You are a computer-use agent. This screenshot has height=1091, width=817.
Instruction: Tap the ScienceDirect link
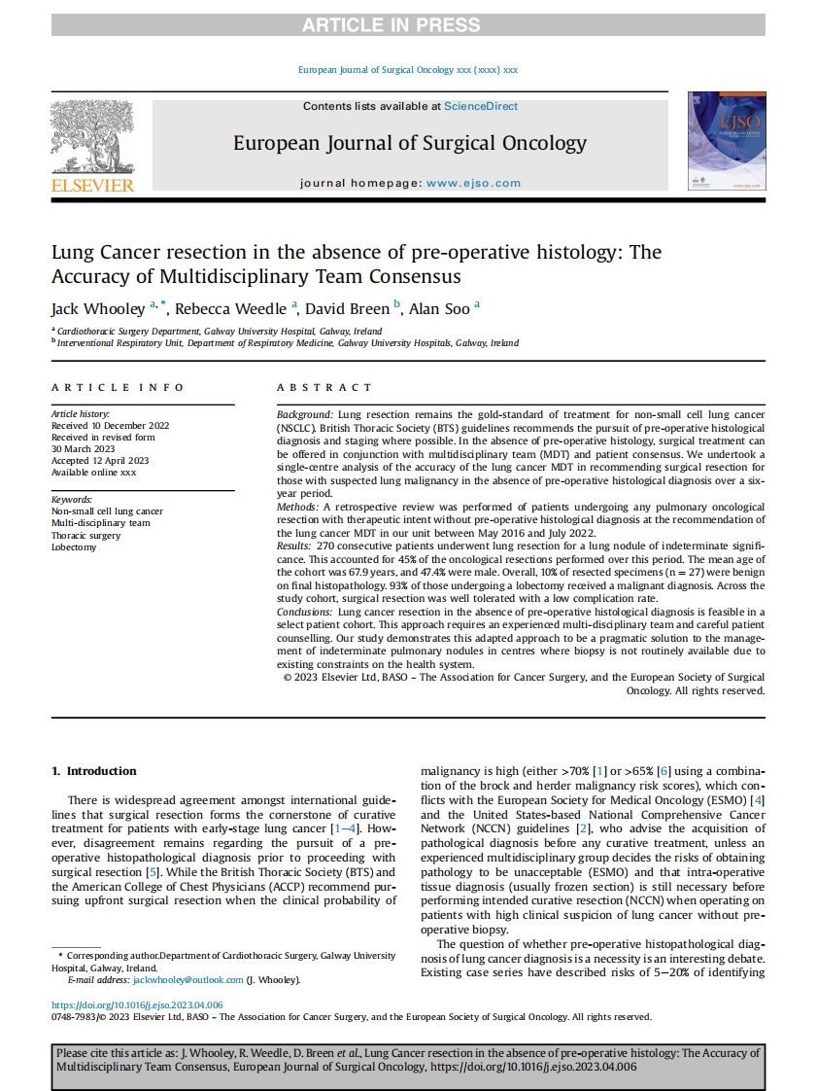click(x=481, y=106)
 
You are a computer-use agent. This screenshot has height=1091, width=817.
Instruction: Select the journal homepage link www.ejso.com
click(x=473, y=183)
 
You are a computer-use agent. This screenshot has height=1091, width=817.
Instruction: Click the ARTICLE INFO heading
click(x=118, y=388)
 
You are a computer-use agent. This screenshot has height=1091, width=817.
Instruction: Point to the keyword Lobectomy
click(x=74, y=547)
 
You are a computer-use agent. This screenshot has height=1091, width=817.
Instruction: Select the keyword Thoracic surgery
click(x=86, y=535)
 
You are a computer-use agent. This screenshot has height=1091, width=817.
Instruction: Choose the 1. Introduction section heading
click(x=94, y=771)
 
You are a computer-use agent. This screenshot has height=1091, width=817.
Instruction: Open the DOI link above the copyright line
click(x=138, y=1004)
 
